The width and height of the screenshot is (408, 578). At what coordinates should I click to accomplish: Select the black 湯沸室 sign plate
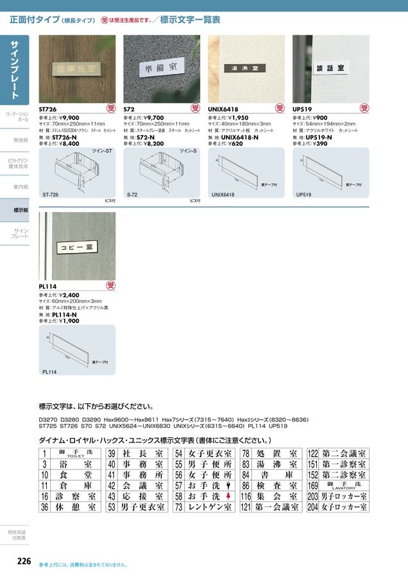(x=245, y=68)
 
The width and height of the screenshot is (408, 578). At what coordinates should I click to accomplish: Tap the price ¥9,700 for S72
(x=153, y=118)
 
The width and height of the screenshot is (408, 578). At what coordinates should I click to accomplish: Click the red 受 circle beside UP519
(x=364, y=109)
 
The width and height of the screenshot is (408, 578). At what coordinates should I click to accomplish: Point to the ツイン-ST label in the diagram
(x=102, y=151)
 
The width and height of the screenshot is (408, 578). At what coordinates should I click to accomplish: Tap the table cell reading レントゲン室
(x=205, y=507)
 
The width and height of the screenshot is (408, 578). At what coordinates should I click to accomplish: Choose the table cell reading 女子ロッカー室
(x=344, y=507)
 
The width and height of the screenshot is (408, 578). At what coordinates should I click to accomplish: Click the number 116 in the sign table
(x=246, y=496)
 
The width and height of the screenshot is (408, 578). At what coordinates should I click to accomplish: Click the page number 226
(x=23, y=561)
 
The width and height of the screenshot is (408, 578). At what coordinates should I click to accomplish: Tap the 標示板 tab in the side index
(x=21, y=210)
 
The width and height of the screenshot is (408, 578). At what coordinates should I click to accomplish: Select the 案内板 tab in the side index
(x=21, y=187)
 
